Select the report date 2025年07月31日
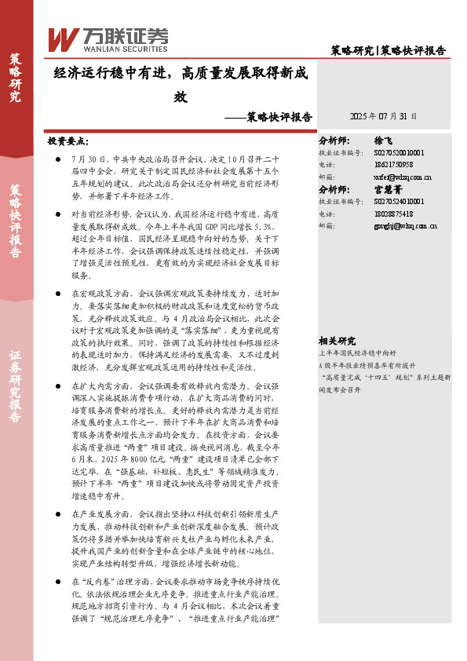(x=383, y=115)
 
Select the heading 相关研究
(x=337, y=341)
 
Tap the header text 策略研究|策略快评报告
(x=388, y=50)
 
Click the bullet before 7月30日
(x=59, y=158)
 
